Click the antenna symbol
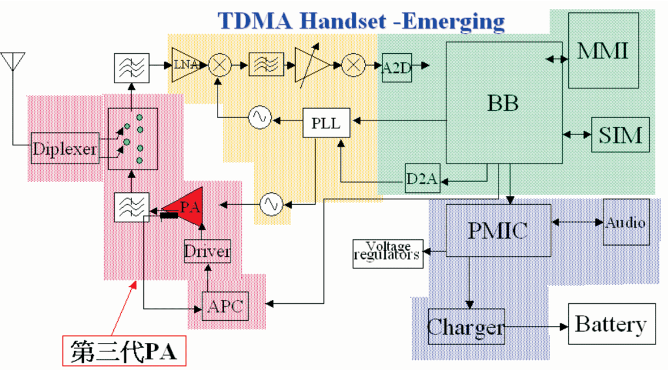pyautogui.click(x=13, y=61)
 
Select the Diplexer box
pyautogui.click(x=65, y=148)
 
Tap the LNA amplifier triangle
pyautogui.click(x=188, y=65)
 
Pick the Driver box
pyautogui.click(x=207, y=251)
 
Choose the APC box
pyautogui.click(x=225, y=306)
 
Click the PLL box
pyautogui.click(x=326, y=123)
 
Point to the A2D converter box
pyautogui.click(x=397, y=67)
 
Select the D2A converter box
pyautogui.click(x=422, y=178)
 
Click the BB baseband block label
pyautogui.click(x=503, y=103)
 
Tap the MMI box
pyautogui.click(x=603, y=50)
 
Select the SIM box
pyautogui.click(x=620, y=135)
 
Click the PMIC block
pyautogui.click(x=498, y=230)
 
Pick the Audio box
pyautogui.click(x=626, y=222)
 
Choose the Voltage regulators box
pyautogui.click(x=388, y=253)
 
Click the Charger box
pyautogui.click(x=466, y=326)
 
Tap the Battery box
pyautogui.click(x=611, y=324)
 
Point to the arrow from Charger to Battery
pyautogui.click(x=536, y=326)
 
